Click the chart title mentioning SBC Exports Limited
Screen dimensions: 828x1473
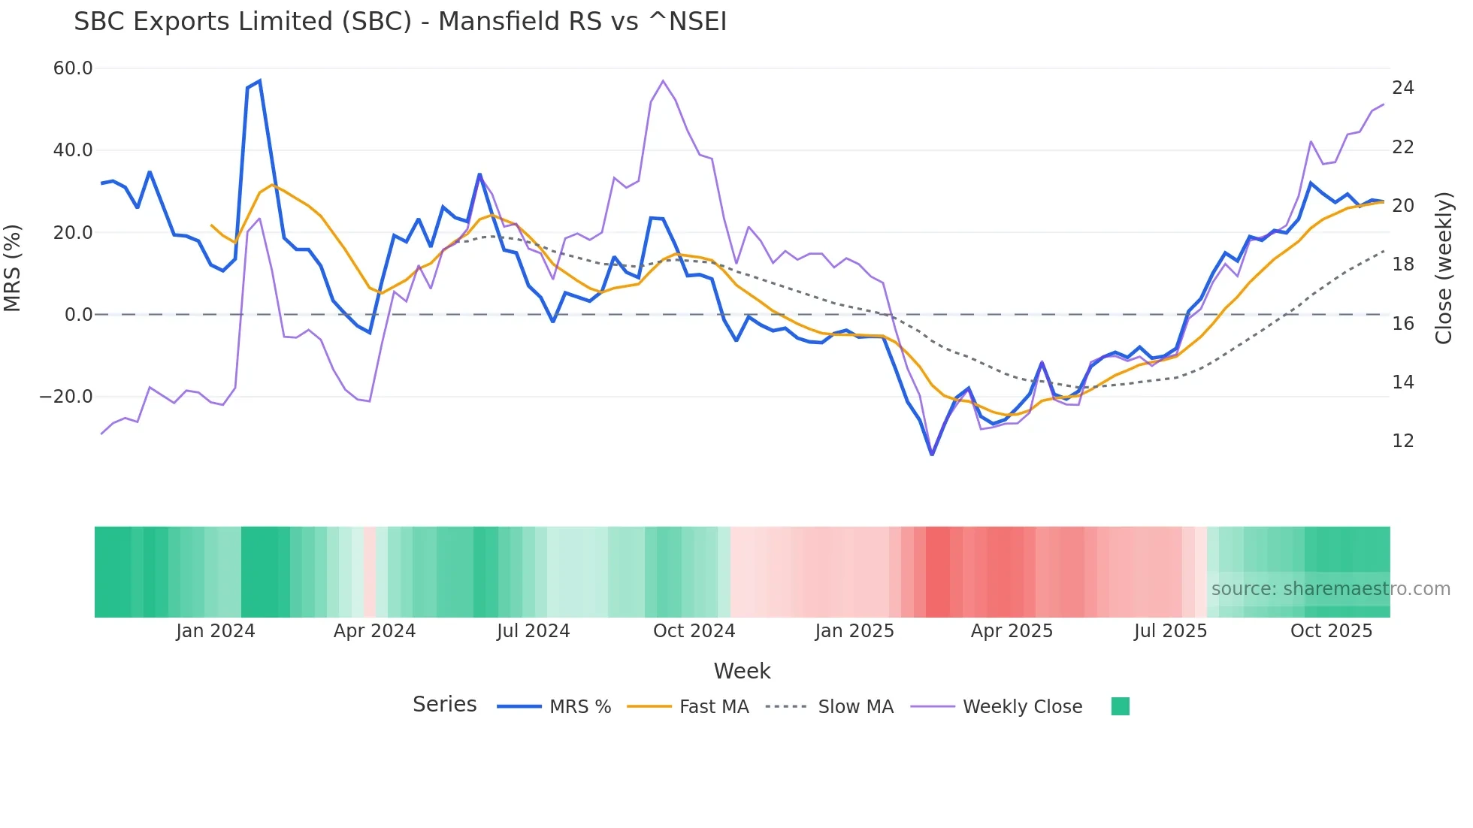400,22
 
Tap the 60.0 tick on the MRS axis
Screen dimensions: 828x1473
73,68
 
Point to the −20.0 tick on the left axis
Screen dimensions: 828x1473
66,397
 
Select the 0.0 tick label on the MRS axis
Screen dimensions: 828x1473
78,315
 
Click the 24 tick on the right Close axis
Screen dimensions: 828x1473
1402,88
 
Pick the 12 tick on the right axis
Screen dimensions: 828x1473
1402,441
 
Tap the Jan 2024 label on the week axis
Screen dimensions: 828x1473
215,631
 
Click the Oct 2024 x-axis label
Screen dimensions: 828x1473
694,631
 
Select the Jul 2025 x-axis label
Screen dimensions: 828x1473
1170,631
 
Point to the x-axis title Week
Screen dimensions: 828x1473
742,671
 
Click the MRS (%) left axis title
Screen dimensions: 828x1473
13,267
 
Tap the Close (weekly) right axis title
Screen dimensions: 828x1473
1443,268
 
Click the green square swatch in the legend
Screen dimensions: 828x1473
1120,706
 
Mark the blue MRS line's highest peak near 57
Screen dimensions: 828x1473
259,80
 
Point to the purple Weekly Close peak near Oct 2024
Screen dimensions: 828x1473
663,80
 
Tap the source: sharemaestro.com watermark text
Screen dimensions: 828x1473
1330,589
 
